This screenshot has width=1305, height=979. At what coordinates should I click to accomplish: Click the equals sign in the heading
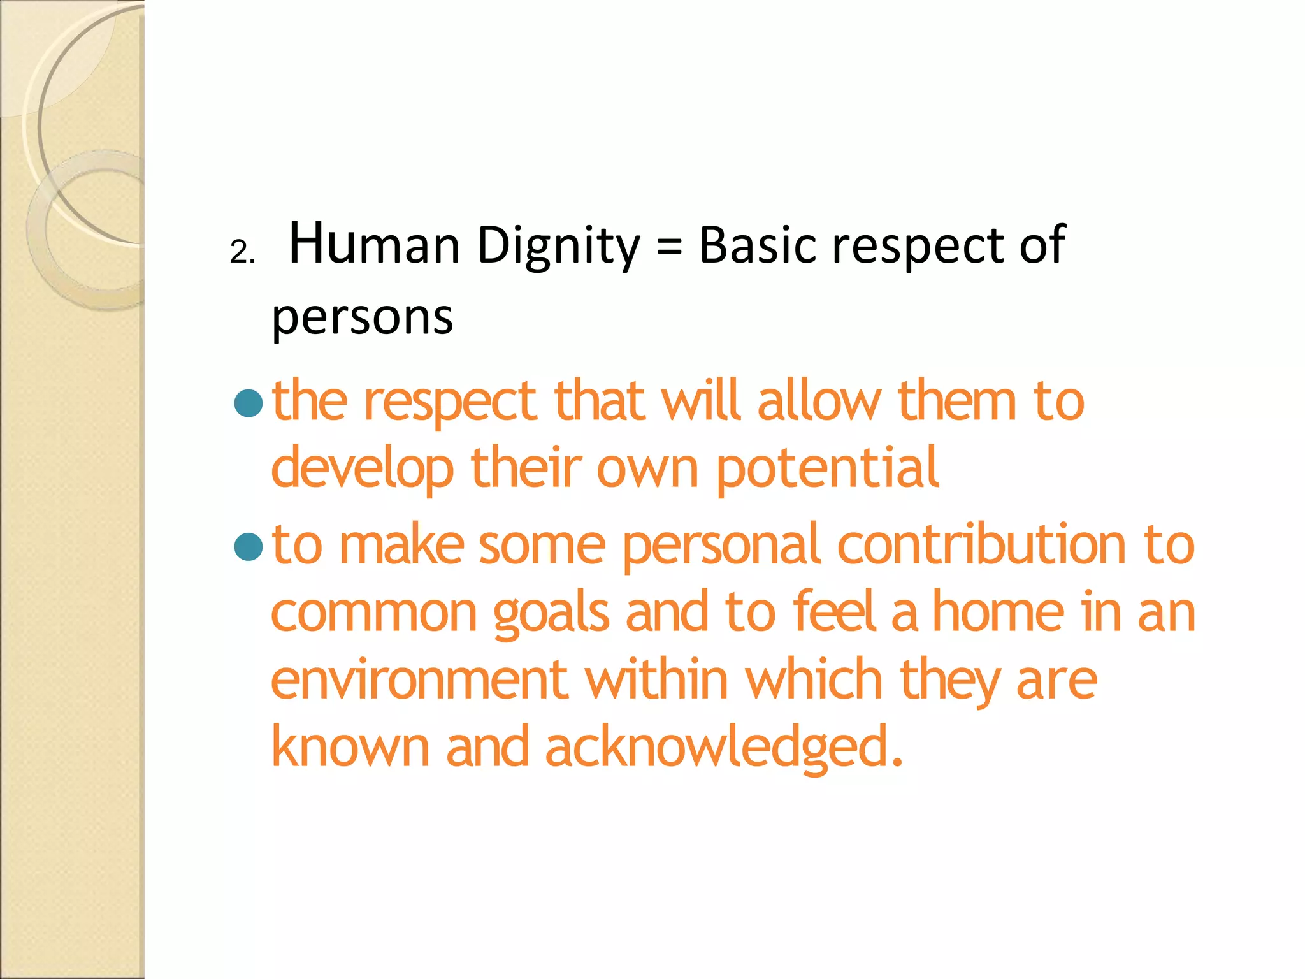click(x=669, y=246)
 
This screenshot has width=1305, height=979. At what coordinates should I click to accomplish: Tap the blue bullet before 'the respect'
click(x=249, y=403)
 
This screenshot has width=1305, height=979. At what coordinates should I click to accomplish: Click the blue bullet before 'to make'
click(x=249, y=546)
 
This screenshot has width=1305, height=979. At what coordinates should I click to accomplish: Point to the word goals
click(x=551, y=613)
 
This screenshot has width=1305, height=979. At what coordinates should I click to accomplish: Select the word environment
click(x=419, y=680)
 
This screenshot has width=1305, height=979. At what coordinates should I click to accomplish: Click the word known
click(x=350, y=748)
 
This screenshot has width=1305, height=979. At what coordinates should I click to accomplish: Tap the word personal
click(x=721, y=546)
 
